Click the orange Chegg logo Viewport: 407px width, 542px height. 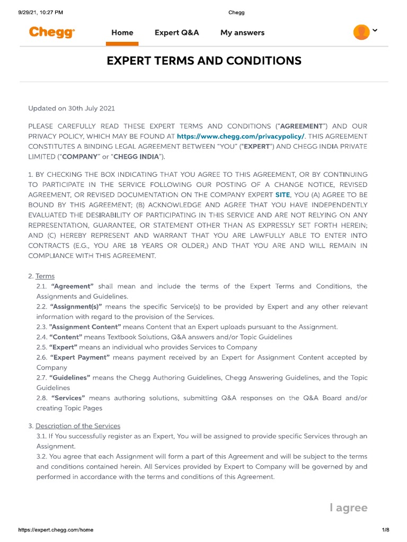[x=52, y=32]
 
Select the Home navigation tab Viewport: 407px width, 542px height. [x=122, y=33]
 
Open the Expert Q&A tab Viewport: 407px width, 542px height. [x=176, y=33]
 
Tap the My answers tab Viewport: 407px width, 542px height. [x=242, y=33]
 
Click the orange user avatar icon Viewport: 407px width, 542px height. [x=361, y=32]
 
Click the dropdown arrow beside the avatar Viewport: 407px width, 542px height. [x=375, y=31]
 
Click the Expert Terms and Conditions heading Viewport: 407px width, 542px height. [x=204, y=61]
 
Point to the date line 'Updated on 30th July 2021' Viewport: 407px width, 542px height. [x=71, y=109]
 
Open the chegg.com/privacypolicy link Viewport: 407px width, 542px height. [x=241, y=137]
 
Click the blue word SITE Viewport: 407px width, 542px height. [x=283, y=195]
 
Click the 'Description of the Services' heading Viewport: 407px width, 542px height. [x=78, y=426]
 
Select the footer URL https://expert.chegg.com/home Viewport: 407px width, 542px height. [x=56, y=530]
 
